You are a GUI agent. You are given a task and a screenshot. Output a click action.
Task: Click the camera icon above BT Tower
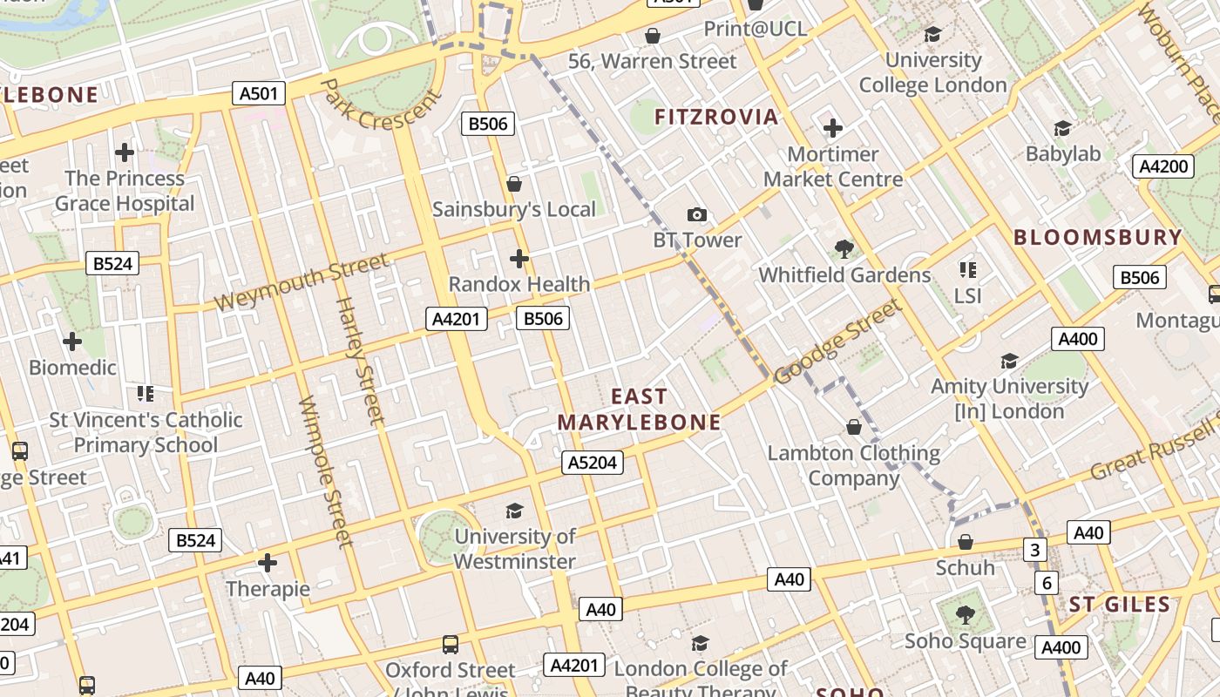(696, 214)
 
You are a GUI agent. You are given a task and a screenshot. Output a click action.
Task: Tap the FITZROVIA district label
(716, 117)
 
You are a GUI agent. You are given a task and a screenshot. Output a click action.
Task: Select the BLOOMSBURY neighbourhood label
(1097, 237)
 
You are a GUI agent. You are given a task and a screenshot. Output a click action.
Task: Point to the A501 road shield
(259, 93)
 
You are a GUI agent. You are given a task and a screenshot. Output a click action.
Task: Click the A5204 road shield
(593, 462)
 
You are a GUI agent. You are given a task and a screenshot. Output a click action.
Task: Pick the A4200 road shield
(1163, 166)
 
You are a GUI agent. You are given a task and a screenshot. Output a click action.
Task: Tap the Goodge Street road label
(836, 342)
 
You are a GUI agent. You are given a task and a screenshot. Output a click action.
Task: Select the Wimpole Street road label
(325, 471)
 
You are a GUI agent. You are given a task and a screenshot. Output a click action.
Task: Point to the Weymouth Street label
(302, 281)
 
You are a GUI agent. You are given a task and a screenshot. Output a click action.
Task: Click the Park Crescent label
(382, 104)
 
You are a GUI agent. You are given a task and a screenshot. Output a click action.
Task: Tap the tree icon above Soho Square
(965, 615)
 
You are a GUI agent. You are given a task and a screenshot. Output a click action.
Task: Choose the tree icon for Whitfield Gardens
(844, 249)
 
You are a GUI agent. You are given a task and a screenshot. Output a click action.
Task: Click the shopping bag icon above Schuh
(965, 542)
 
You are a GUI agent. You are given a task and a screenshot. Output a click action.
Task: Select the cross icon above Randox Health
(519, 259)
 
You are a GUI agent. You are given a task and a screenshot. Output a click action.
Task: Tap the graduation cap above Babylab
(1062, 129)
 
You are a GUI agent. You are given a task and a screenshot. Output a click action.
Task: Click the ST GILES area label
(1119, 605)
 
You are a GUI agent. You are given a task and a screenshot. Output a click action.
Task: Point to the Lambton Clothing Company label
(853, 465)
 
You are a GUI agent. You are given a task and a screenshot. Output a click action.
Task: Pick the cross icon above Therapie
(268, 563)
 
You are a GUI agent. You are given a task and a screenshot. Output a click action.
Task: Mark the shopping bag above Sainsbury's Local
(514, 184)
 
